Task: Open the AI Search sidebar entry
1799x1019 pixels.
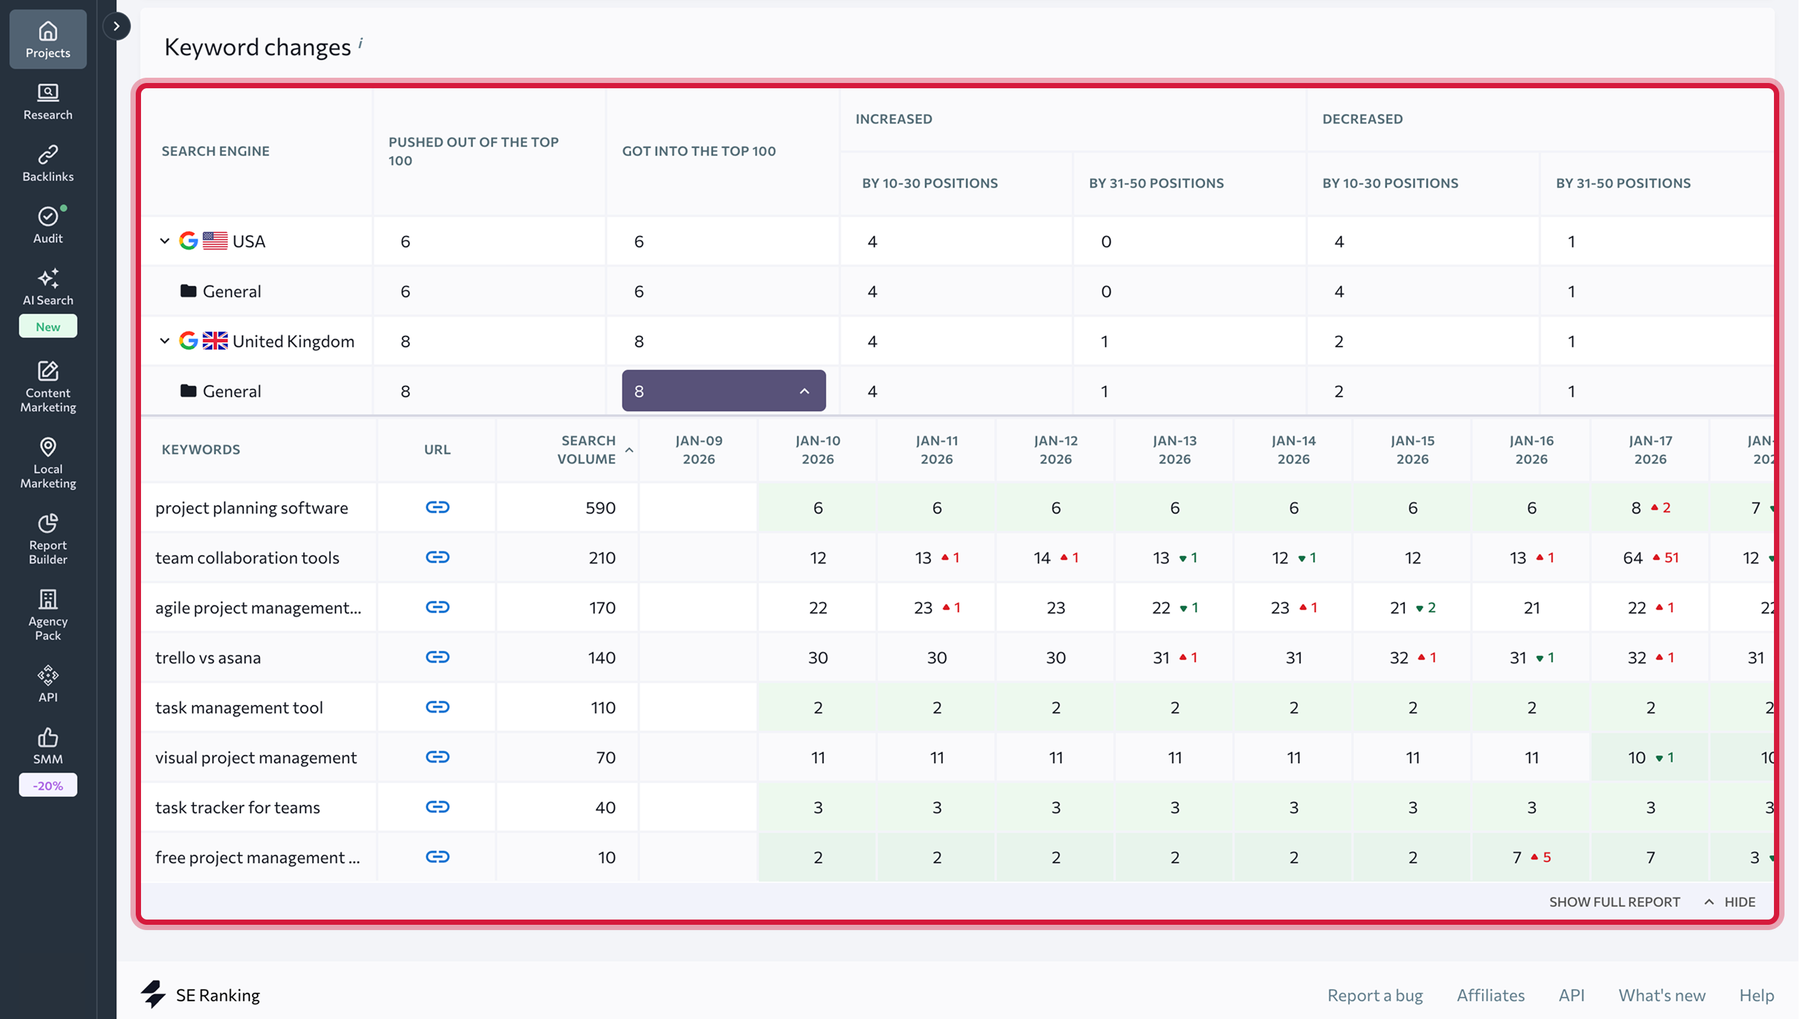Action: tap(47, 287)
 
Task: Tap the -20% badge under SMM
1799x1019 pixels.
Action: tap(47, 785)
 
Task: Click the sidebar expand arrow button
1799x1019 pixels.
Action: tap(116, 26)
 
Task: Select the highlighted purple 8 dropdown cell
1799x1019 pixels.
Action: tap(723, 391)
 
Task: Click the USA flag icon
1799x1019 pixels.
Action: tap(215, 241)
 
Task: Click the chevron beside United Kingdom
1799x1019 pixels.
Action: tap(165, 341)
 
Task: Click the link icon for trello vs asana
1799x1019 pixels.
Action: tap(438, 657)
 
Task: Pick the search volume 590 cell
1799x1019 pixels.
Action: tap(600, 507)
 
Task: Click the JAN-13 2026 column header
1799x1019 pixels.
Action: tap(1174, 449)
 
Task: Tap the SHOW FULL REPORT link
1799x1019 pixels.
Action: tap(1614, 901)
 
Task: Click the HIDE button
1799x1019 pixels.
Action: tap(1739, 901)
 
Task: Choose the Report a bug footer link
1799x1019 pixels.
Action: tap(1375, 995)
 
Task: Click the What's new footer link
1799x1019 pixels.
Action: tap(1662, 995)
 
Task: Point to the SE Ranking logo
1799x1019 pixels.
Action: tap(200, 995)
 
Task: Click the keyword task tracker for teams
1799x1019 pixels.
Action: tap(237, 807)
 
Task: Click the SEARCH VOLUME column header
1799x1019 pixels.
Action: tap(586, 449)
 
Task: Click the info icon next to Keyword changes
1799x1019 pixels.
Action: tap(360, 43)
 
